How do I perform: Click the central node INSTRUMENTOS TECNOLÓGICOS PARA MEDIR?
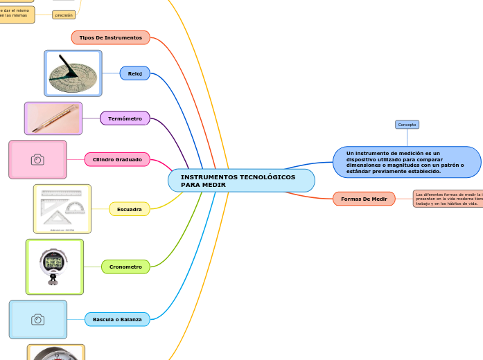click(x=241, y=181)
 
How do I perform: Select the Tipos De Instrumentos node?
click(x=110, y=37)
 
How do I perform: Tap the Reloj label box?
click(x=134, y=73)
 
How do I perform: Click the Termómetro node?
click(x=125, y=118)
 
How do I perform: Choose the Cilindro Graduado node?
click(x=117, y=160)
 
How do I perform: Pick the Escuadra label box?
click(x=129, y=208)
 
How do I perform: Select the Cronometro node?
click(x=125, y=267)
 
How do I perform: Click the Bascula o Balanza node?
click(x=117, y=319)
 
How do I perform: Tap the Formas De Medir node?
click(x=364, y=199)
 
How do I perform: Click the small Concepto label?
click(x=407, y=125)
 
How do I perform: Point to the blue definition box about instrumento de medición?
click(x=407, y=162)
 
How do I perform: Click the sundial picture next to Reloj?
click(x=73, y=73)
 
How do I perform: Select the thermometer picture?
click(x=53, y=118)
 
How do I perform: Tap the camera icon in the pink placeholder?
click(x=37, y=160)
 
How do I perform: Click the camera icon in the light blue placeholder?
click(x=38, y=319)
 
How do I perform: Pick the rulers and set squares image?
click(x=62, y=208)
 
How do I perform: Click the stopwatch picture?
click(x=55, y=267)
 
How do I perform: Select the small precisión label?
click(x=64, y=15)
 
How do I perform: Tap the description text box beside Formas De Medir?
click(x=448, y=199)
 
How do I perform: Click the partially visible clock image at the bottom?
click(x=56, y=352)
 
